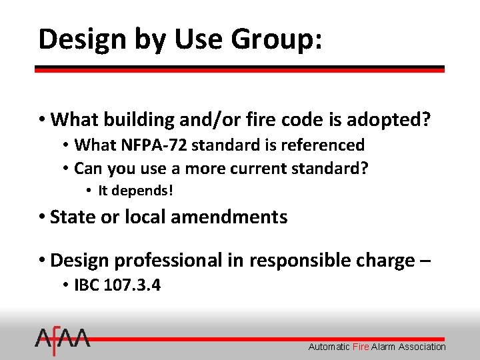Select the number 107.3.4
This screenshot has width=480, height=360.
click(133, 285)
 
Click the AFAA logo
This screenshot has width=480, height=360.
click(63, 341)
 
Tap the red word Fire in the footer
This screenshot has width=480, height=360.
click(361, 347)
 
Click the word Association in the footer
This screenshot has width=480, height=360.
click(419, 347)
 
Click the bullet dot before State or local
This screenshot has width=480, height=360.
click(42, 217)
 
